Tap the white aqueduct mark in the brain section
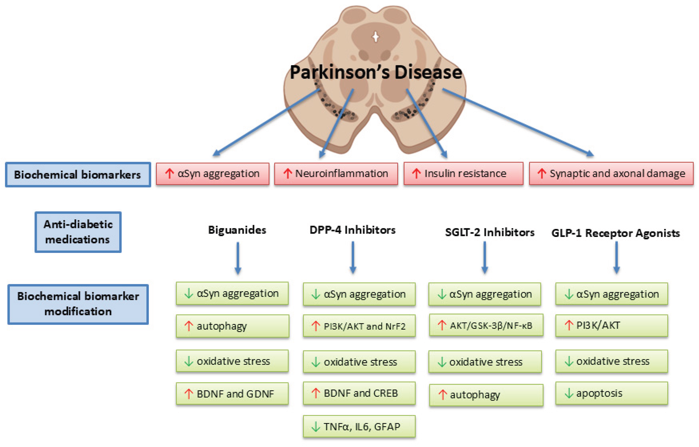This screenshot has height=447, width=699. pyautogui.click(x=376, y=37)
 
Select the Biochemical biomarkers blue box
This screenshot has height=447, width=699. pyautogui.click(x=78, y=174)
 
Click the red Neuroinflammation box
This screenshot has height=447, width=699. pyautogui.click(x=336, y=173)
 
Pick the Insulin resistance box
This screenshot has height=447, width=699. pyautogui.click(x=463, y=173)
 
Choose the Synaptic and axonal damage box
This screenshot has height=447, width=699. pyautogui.click(x=611, y=173)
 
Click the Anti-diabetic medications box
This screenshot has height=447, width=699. pyautogui.click(x=78, y=232)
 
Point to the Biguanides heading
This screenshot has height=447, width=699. pyautogui.click(x=237, y=230)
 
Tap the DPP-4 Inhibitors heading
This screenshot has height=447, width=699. pyautogui.click(x=352, y=230)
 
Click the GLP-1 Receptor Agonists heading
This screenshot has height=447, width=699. pyautogui.click(x=615, y=233)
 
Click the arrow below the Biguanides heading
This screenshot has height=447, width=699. pyautogui.click(x=238, y=258)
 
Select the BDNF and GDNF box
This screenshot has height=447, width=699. pyautogui.click(x=232, y=394)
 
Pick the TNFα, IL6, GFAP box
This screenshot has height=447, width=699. pyautogui.click(x=359, y=426)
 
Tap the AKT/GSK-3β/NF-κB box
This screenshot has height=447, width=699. pyautogui.click(x=486, y=325)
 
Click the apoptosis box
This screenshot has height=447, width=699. pyautogui.click(x=612, y=393)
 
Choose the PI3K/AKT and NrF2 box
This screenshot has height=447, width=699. pyautogui.click(x=359, y=326)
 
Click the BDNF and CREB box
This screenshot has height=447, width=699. pyautogui.click(x=359, y=393)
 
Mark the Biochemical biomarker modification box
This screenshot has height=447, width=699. pyautogui.click(x=78, y=304)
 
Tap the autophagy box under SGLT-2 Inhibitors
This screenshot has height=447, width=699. pyautogui.click(x=486, y=395)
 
